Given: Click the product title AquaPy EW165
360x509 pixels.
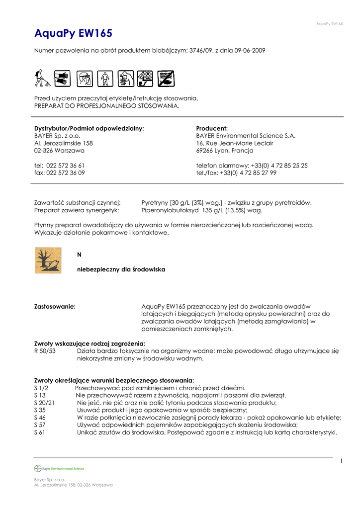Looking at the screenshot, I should coord(73,33).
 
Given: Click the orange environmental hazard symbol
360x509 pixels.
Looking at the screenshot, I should coord(48,260).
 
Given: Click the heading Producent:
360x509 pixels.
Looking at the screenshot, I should coord(212,128).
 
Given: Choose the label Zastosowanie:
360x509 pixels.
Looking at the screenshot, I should coord(55,307).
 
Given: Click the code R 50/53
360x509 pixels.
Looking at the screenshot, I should coord(45,351).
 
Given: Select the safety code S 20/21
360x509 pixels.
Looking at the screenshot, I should coord(44,403).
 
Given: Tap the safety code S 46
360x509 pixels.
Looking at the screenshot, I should coord(40,418).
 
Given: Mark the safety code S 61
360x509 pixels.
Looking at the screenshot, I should coord(40,432).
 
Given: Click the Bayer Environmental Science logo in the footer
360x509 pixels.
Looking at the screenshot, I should coord(59,468).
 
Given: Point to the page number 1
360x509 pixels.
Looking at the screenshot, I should coord(342,461).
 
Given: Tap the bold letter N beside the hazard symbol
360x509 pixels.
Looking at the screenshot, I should coord(79,254).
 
